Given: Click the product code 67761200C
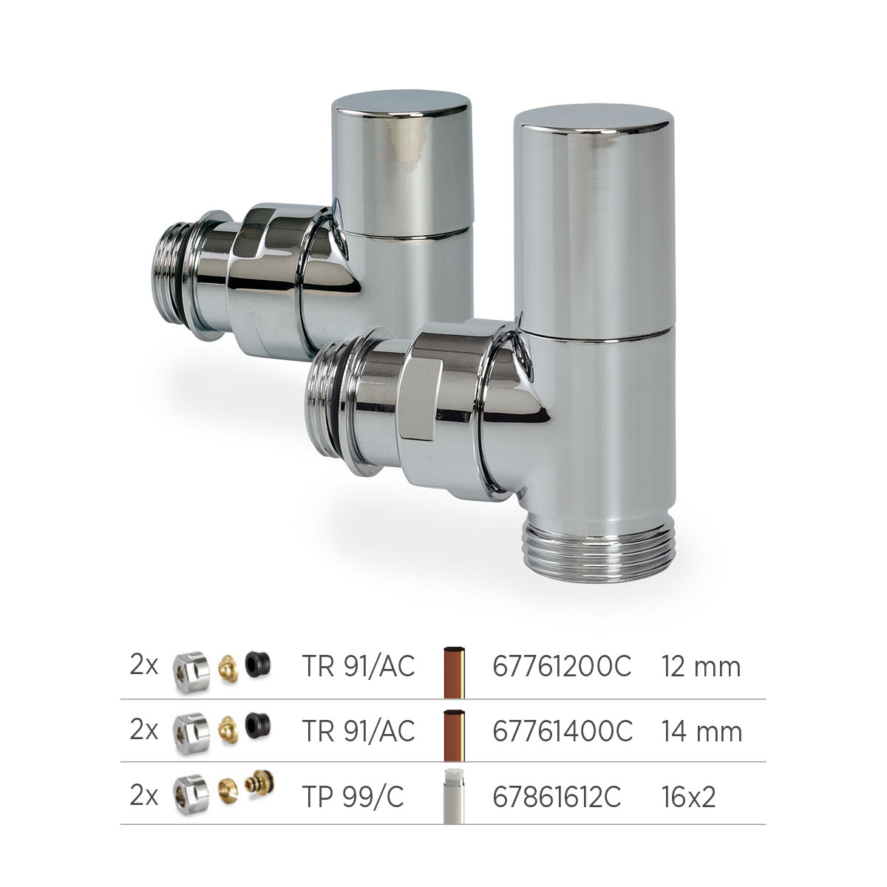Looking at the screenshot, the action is coord(562,667).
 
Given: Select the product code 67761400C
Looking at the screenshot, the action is coord(562,732).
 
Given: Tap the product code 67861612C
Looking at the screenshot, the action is coord(557,797).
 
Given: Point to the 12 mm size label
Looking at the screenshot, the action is coord(701,667).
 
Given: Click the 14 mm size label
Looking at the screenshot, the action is coord(702,732).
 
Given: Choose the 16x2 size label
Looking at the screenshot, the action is coord(689,797).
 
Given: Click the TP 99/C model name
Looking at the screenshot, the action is coord(353,797).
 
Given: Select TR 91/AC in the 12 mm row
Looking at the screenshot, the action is coord(358,667).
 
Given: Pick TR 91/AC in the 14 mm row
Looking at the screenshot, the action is coord(358,731).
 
